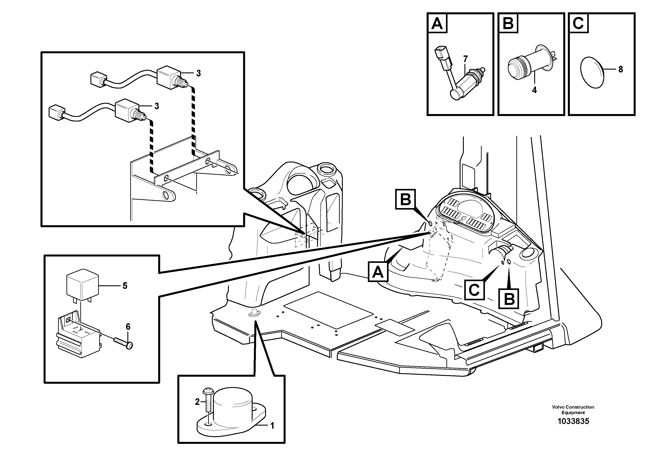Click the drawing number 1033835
573,421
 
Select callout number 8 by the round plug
620,69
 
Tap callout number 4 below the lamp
534,90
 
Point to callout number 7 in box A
465,59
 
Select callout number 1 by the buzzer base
272,426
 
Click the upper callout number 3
198,73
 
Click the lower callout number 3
157,106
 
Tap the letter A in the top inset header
437,23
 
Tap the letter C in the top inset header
578,23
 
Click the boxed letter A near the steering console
378,272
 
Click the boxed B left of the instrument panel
405,199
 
